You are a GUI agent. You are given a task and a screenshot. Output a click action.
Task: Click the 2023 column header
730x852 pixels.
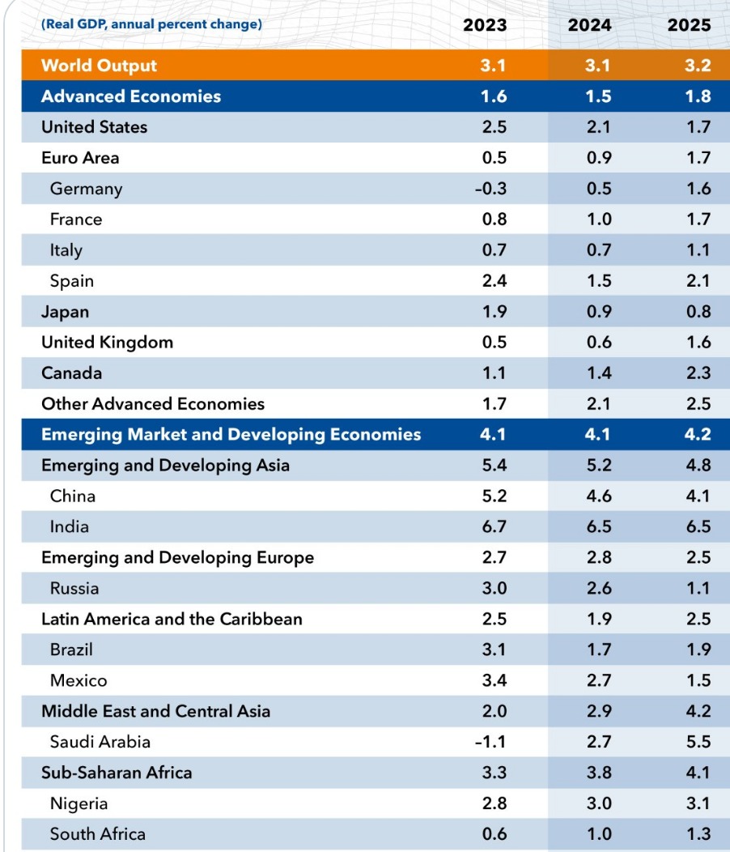tap(485, 24)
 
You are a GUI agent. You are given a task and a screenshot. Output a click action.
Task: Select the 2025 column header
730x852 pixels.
tap(689, 24)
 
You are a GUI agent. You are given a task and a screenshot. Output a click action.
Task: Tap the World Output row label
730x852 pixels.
tap(99, 66)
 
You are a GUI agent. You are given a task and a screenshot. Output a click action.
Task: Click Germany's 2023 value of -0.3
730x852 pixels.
tap(490, 189)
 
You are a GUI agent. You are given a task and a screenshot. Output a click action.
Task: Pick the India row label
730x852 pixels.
tap(70, 526)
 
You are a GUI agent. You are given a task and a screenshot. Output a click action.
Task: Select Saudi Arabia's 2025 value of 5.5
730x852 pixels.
tap(698, 742)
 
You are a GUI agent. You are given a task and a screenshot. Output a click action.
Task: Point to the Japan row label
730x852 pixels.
tap(66, 312)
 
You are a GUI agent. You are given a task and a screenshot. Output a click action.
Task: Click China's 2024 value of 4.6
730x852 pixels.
tap(599, 496)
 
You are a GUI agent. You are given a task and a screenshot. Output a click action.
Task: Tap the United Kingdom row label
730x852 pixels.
tap(107, 343)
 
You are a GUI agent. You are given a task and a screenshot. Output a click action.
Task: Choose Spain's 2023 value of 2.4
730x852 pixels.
tap(494, 281)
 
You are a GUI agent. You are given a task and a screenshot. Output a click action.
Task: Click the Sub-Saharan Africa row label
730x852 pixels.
tap(117, 773)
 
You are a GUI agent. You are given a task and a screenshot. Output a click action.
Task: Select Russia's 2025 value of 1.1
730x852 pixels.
tap(698, 588)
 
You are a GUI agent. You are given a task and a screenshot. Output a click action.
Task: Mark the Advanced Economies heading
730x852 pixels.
tap(131, 96)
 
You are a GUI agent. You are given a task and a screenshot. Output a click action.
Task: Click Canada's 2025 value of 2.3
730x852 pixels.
tap(698, 373)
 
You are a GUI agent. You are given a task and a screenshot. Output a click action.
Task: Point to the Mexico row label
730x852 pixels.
tap(79, 680)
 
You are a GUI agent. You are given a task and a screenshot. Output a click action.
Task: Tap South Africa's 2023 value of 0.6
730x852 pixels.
tap(494, 833)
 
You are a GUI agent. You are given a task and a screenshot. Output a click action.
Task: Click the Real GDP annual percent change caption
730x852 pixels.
tap(151, 24)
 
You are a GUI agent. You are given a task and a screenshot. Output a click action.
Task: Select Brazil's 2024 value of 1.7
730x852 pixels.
tap(599, 650)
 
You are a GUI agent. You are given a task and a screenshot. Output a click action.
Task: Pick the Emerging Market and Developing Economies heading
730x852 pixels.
tap(231, 435)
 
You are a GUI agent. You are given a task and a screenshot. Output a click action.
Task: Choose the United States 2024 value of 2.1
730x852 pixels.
tap(599, 127)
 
